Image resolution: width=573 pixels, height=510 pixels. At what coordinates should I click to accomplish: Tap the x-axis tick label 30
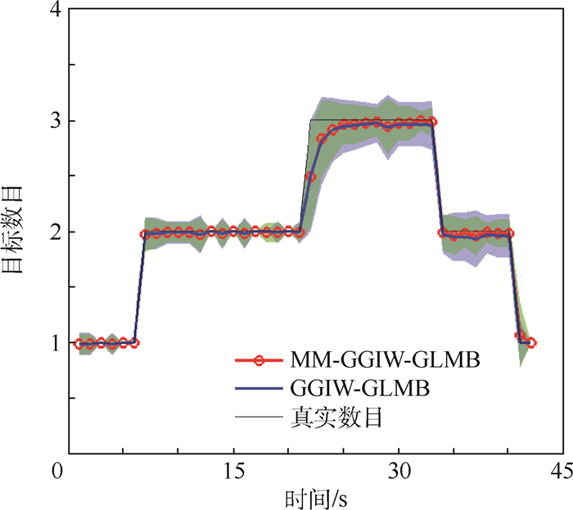[x=398, y=472]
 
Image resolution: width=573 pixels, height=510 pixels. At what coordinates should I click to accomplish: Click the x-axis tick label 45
[x=559, y=472]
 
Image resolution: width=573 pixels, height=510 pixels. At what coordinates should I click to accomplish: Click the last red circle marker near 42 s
[x=532, y=343]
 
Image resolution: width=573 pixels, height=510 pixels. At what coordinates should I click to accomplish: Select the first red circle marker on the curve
[x=79, y=344]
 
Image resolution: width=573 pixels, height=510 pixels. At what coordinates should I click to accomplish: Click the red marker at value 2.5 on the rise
[x=311, y=177]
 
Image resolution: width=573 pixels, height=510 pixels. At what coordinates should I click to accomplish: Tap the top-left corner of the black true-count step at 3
[x=310, y=120]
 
